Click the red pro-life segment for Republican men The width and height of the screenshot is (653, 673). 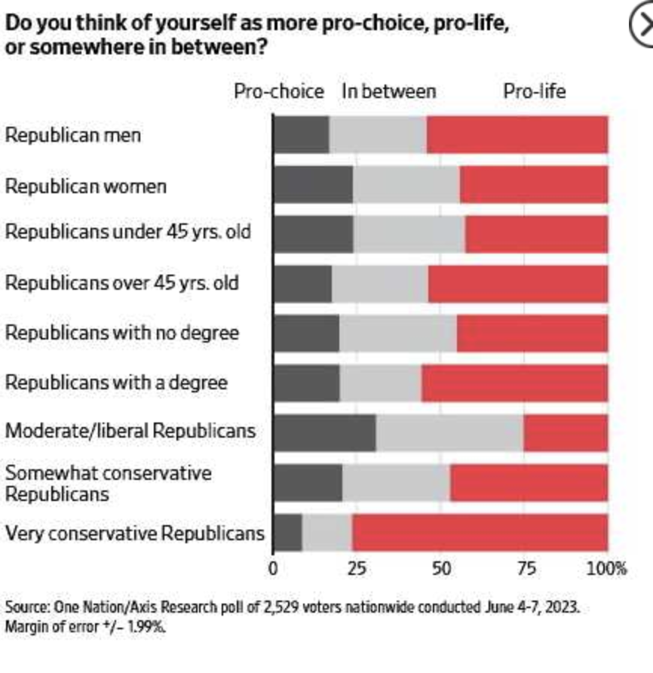pos(517,135)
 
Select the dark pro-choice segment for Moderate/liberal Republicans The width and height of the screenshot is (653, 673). pos(324,433)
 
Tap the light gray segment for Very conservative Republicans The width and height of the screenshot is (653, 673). pos(326,533)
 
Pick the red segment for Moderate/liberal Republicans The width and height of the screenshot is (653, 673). pos(566,433)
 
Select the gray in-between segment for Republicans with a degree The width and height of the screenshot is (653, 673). pos(380,383)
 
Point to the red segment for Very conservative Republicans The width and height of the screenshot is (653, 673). pos(480,533)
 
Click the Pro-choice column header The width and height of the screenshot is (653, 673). pos(278,92)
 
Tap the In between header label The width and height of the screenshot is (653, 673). pos(388,92)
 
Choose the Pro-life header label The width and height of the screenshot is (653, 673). pos(534,92)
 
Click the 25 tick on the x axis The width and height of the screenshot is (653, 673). pos(357,568)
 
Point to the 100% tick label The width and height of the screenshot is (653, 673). pos(606,568)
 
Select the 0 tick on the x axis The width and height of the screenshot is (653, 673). pos(273,568)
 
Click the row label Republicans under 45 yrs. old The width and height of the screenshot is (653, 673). pos(128,232)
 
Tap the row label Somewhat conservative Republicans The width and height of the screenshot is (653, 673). pos(109,483)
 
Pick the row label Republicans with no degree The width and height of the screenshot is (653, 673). pos(122,333)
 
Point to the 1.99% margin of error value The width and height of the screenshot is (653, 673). pos(145,626)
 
